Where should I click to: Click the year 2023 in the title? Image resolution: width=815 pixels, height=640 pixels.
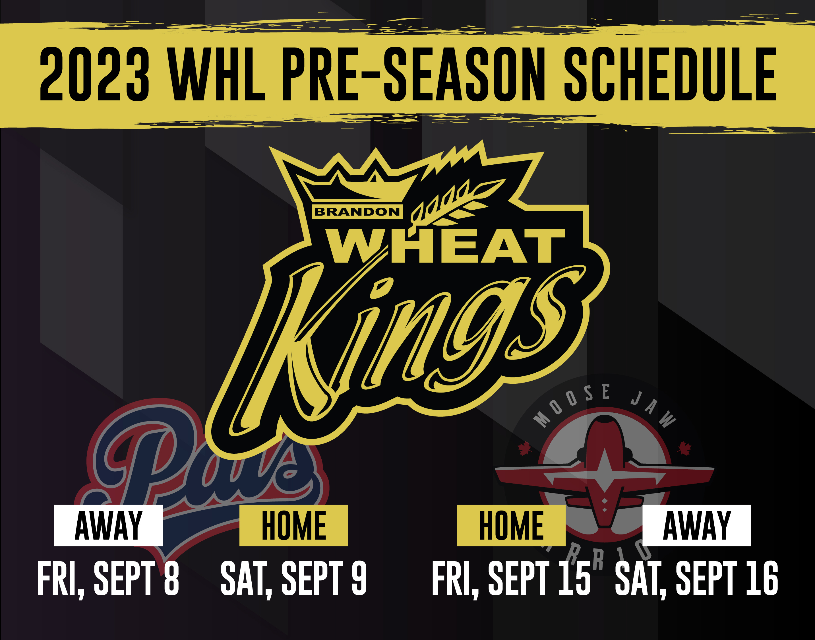pyautogui.click(x=94, y=74)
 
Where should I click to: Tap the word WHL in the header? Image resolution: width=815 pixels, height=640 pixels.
pyautogui.click(x=216, y=74)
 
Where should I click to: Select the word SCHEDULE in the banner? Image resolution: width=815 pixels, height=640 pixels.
pyautogui.click(x=670, y=74)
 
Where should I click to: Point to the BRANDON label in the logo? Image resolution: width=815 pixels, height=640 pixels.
pyautogui.click(x=357, y=212)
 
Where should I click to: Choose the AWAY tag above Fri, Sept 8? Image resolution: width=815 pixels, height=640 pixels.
pyautogui.click(x=108, y=525)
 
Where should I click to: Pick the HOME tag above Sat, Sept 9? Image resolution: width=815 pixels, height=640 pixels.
pyautogui.click(x=294, y=525)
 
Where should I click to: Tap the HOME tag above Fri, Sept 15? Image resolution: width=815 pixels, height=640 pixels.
pyautogui.click(x=511, y=525)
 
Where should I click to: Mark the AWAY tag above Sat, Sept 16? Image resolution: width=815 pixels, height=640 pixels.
pyautogui.click(x=697, y=525)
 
